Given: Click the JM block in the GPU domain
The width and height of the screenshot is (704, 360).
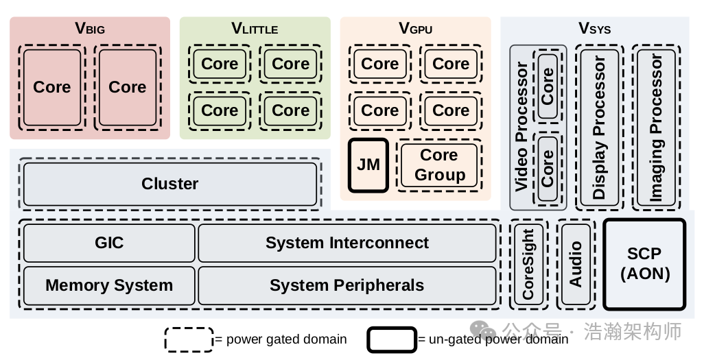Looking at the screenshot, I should point(368,165).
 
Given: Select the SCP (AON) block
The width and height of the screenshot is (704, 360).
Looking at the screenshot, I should point(644,264).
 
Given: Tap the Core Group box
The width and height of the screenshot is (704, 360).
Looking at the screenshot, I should point(439,165).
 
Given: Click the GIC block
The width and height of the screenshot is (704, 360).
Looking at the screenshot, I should point(109,243).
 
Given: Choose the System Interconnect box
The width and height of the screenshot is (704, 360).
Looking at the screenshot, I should point(347,243).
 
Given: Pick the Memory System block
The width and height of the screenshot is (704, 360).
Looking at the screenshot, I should point(109,285).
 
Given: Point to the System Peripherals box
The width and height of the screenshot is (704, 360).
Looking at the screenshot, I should point(347,285).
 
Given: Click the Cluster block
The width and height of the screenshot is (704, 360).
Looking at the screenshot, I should point(169,184).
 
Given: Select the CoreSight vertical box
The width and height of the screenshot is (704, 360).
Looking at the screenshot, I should point(528,264).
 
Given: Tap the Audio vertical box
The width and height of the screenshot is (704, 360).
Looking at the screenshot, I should point(576,264).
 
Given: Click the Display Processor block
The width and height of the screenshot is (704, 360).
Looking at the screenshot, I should point(600,128).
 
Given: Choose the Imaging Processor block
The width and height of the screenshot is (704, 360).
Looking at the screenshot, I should point(657,128).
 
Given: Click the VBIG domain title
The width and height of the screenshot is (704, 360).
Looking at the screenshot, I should point(90,29).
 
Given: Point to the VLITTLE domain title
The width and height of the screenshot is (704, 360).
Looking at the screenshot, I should point(255,29).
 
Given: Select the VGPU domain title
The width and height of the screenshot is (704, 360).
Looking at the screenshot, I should point(416,29).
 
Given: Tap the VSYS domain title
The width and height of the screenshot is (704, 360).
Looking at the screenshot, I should point(594,29).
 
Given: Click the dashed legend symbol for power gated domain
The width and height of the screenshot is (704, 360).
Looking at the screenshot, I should point(189,339).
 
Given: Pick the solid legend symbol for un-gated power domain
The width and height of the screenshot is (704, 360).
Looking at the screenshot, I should point(391,339).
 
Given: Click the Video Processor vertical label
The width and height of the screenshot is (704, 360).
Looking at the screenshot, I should point(521,128).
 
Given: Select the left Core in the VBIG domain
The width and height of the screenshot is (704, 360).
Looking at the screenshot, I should point(52,87).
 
